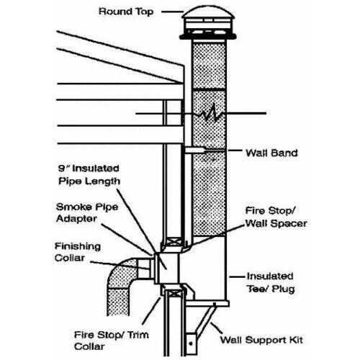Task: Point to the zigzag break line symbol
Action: click(x=209, y=114)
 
